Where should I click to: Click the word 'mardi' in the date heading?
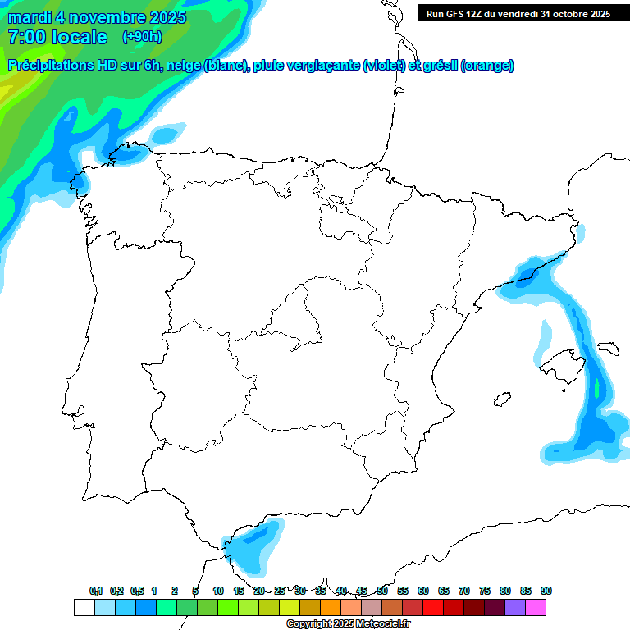pyautogui.click(x=30, y=17)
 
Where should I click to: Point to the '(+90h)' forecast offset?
pyautogui.click(x=142, y=37)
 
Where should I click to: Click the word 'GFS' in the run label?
pyautogui.click(x=455, y=13)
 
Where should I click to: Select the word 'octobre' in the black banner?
pyautogui.click(x=564, y=13)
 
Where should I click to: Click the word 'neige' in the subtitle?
pyautogui.click(x=183, y=66)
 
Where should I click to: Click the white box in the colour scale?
pyautogui.click(x=84, y=608)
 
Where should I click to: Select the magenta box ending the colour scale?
pyautogui.click(x=536, y=608)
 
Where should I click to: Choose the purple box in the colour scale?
pyautogui.click(x=515, y=608)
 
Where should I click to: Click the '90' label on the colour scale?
pyautogui.click(x=546, y=591)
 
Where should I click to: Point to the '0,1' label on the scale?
pyautogui.click(x=96, y=591)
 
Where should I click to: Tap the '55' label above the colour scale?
pyautogui.click(x=403, y=591)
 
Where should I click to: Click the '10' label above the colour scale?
pyautogui.click(x=218, y=591)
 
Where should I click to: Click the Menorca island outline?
pyautogui.click(x=607, y=348)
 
